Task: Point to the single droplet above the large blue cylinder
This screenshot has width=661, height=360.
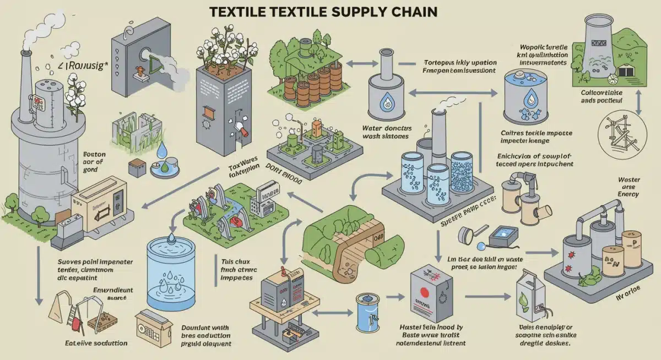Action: pyautogui.click(x=171, y=237)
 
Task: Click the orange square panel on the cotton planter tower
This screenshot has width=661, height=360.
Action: pyautogui.click(x=208, y=112)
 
